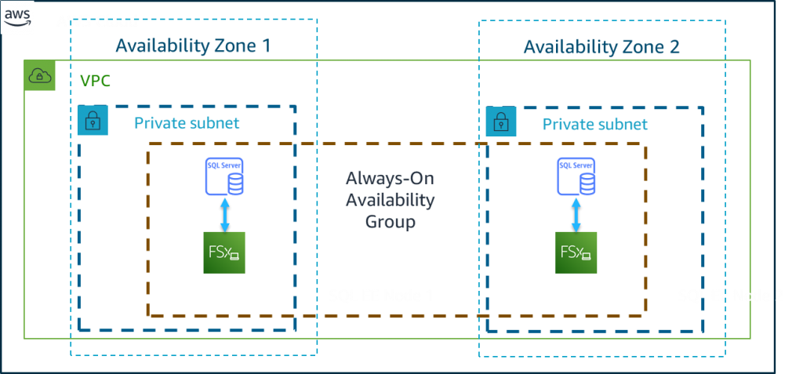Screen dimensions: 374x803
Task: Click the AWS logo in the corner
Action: tap(17, 16)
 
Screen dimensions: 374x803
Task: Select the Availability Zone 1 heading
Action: tap(193, 45)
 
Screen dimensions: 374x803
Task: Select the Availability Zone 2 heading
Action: tap(601, 47)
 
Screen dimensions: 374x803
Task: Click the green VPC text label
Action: tap(95, 80)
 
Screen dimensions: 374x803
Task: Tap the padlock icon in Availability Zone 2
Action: tap(500, 122)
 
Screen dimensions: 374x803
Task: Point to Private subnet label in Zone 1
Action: tap(187, 122)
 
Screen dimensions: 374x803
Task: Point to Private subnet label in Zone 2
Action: tap(595, 124)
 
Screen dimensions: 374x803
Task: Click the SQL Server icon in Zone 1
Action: tap(224, 176)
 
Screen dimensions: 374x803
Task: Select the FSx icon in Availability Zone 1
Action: tap(225, 252)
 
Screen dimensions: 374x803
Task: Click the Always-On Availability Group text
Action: tap(390, 200)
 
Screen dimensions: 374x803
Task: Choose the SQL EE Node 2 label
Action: tap(730, 296)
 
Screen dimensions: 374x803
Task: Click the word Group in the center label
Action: tap(390, 222)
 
